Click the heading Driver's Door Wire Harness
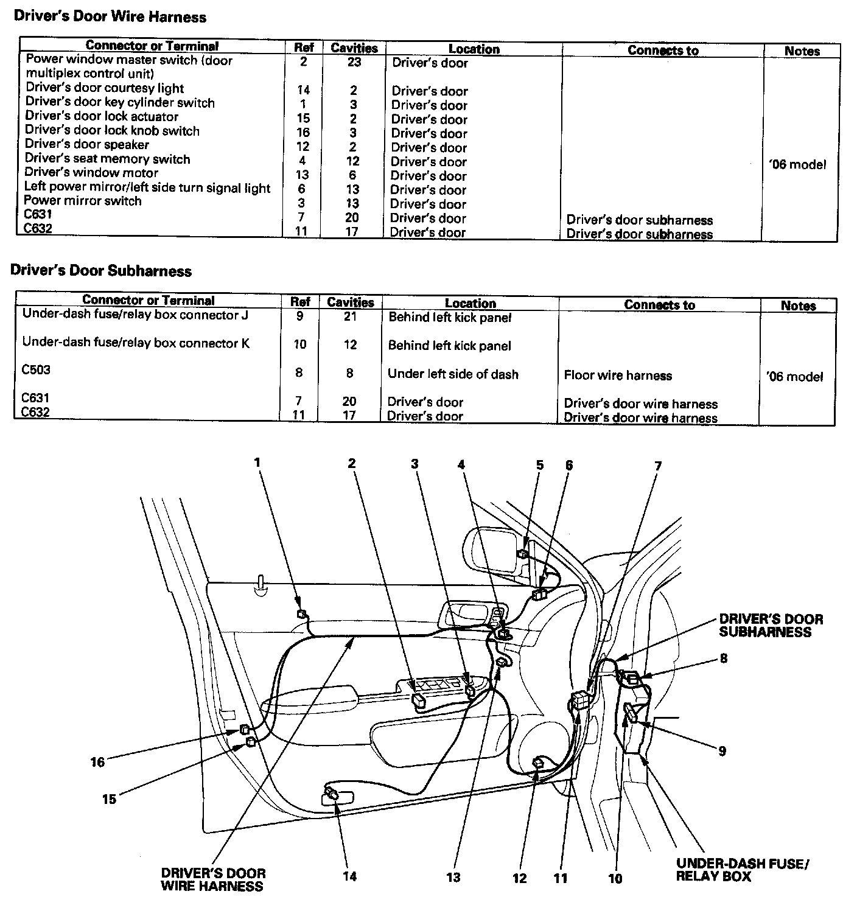(110, 17)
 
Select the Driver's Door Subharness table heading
(101, 271)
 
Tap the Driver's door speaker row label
(87, 145)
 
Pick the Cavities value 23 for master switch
(354, 62)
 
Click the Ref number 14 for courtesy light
(303, 90)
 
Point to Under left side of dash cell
(453, 374)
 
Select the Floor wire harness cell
(618, 375)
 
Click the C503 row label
(36, 370)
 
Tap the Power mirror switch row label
(83, 201)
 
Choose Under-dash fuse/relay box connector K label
(136, 343)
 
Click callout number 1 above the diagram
(257, 463)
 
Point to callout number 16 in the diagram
(97, 761)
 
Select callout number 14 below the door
(349, 876)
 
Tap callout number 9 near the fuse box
(722, 751)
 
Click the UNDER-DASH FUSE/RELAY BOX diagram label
(743, 870)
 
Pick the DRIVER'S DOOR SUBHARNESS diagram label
(771, 626)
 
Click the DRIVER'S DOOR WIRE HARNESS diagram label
(213, 880)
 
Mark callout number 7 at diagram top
(658, 466)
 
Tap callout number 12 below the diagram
(519, 878)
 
